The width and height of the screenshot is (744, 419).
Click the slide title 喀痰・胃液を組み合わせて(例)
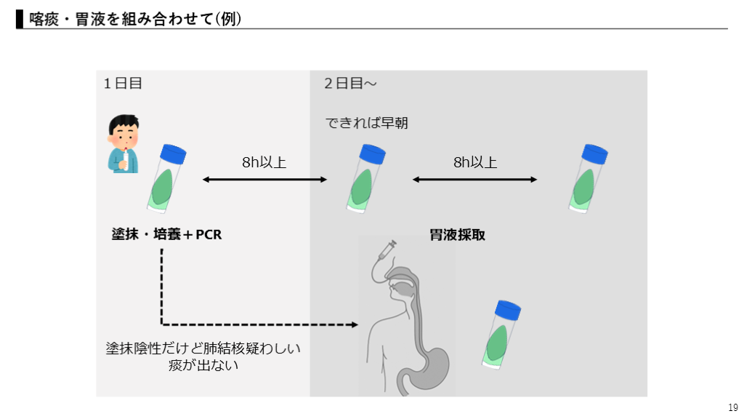(135, 19)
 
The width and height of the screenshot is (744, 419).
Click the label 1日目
(123, 84)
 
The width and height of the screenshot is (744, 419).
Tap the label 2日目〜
(350, 84)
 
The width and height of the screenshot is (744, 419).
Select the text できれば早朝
(366, 123)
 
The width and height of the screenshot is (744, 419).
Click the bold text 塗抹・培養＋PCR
(166, 235)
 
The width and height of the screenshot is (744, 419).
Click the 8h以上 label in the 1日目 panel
(264, 162)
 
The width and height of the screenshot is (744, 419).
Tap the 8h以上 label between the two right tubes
(476, 162)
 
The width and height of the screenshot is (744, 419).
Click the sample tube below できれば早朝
(365, 178)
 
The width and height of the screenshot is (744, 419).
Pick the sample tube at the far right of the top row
(587, 178)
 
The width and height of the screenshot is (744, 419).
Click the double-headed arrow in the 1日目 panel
(264, 179)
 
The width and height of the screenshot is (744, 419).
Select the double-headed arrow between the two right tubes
(475, 179)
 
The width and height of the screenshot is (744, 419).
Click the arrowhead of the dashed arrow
(356, 324)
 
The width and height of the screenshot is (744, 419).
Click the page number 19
(732, 407)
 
